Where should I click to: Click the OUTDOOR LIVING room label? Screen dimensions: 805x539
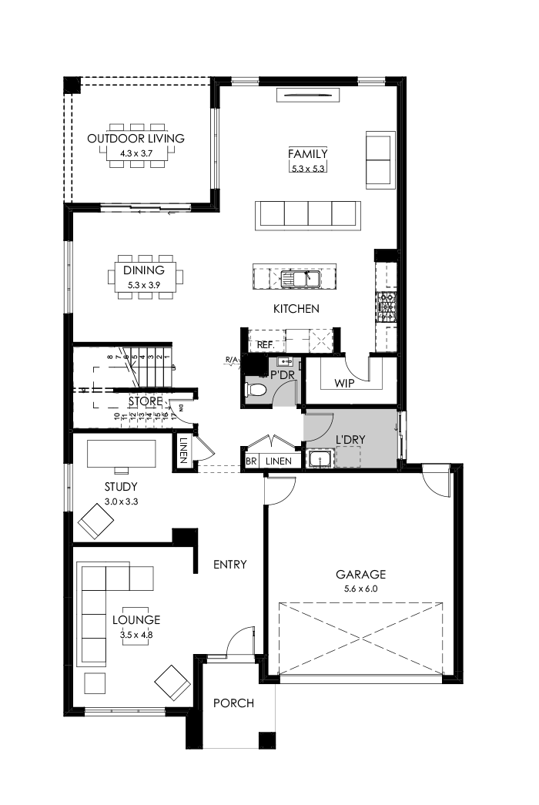136,139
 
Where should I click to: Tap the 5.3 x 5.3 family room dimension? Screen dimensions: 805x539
308,167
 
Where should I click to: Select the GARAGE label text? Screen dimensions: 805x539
360,574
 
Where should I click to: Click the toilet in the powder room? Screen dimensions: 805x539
257,391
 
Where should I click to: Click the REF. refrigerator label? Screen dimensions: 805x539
266,345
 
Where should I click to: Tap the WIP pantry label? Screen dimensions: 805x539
344,383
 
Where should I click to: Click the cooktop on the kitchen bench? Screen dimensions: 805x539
385,307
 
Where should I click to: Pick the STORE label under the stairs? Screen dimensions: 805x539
146,401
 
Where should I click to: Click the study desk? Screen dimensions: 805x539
122,453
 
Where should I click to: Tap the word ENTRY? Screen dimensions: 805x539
230,565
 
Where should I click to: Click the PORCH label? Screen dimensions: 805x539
233,703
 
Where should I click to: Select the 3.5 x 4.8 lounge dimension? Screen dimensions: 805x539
136,636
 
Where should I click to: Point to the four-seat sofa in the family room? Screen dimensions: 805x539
309,213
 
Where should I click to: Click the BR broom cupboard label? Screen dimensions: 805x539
251,461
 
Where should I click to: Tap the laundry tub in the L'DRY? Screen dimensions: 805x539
319,460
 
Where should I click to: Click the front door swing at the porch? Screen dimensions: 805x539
239,641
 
